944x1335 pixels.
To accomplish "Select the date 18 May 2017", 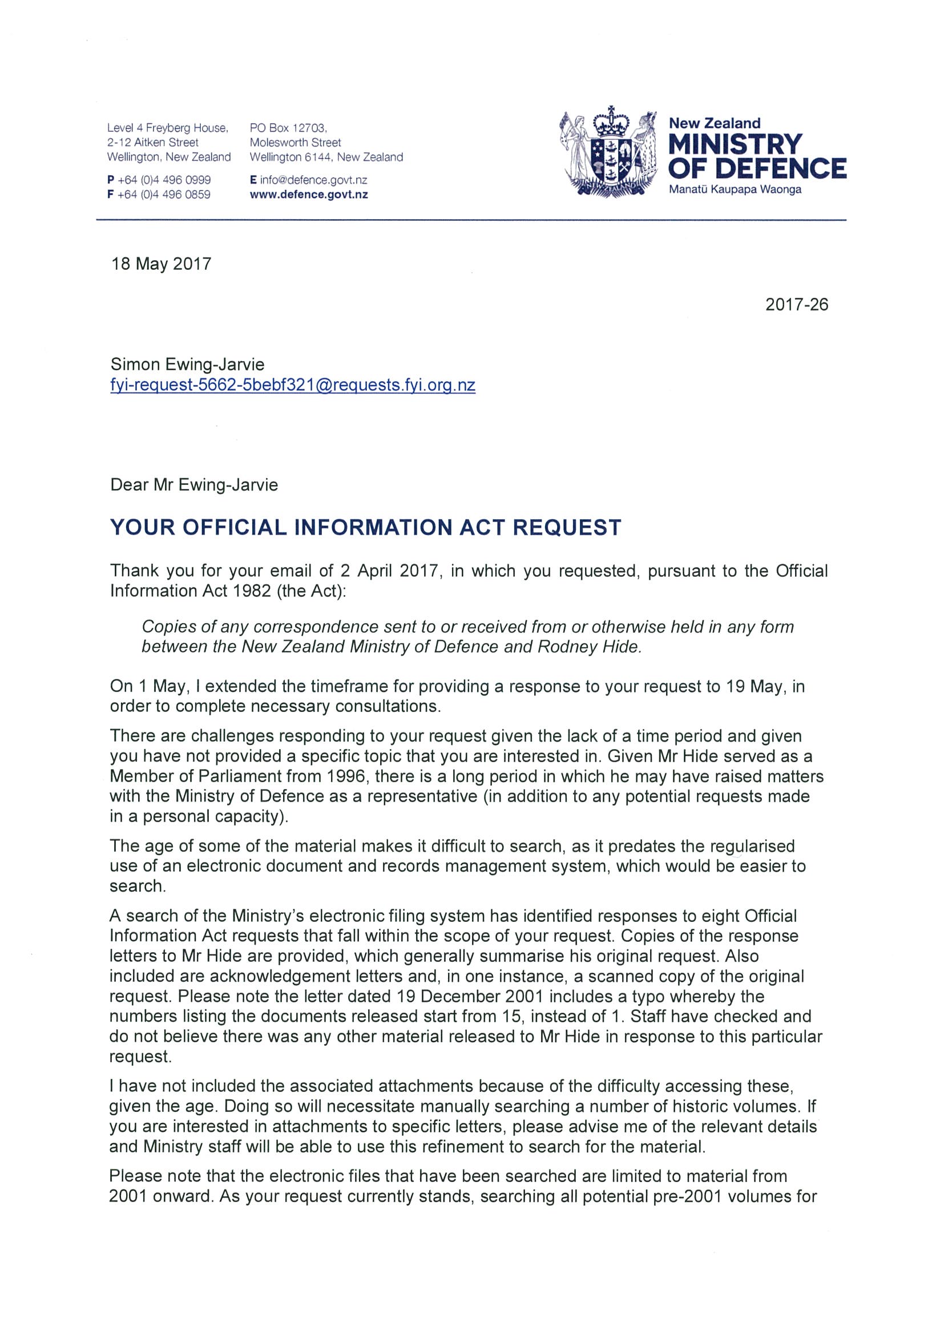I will click(161, 264).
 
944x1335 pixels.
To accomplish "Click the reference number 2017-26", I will click(796, 305).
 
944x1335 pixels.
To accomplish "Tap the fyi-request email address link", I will click(293, 386).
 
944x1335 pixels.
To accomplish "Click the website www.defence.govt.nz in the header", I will click(308, 195).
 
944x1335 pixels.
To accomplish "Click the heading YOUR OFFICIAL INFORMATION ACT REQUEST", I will click(365, 527).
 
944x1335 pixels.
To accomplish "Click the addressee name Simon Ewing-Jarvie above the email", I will click(187, 365).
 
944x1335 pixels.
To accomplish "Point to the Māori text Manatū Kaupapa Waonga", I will click(735, 189).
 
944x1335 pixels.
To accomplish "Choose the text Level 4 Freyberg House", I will click(167, 128).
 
